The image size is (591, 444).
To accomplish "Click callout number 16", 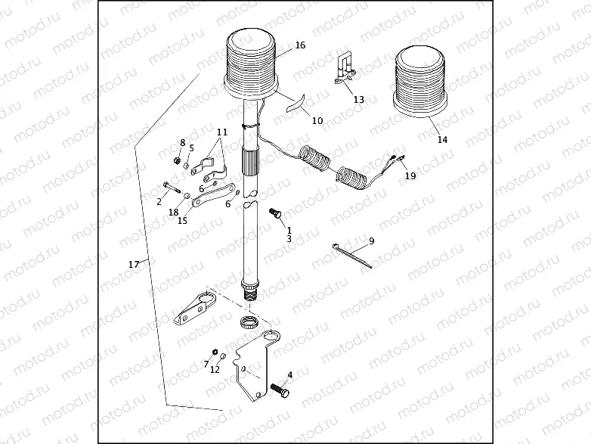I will [x=300, y=45].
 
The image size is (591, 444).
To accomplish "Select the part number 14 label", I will [x=443, y=140].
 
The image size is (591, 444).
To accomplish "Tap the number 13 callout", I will [x=358, y=100].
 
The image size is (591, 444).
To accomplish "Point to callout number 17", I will [x=134, y=264].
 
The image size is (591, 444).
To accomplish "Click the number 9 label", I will [x=371, y=241].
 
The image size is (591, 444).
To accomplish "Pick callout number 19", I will [x=410, y=176].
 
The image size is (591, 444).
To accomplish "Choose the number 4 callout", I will [x=289, y=374].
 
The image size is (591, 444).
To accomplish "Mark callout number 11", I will [x=220, y=132].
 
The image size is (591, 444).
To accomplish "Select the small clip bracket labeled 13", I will [x=346, y=67].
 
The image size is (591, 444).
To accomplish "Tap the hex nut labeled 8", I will [x=175, y=160].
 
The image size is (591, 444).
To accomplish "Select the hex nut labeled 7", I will [x=214, y=352].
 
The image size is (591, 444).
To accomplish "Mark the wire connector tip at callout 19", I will [x=397, y=159].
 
